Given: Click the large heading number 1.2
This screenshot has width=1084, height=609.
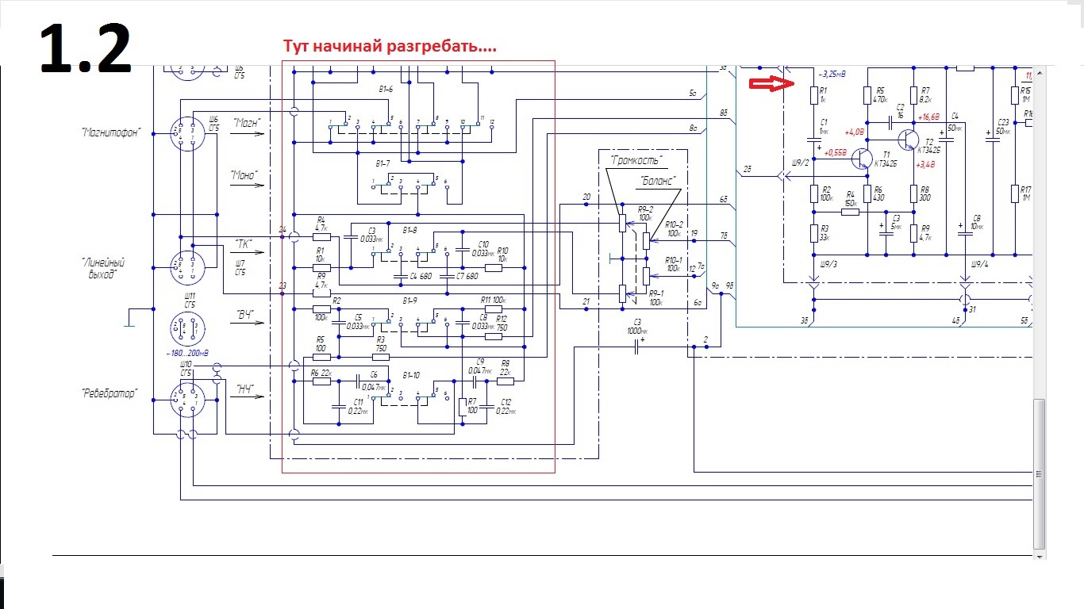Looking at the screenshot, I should (85, 48).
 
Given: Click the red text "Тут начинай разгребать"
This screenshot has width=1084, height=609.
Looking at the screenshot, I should (390, 46).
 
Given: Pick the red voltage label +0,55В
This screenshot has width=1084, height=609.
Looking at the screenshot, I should (836, 152).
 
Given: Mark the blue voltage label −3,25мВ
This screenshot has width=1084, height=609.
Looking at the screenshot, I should (831, 74).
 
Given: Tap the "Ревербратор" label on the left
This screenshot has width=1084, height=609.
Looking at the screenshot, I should (109, 393).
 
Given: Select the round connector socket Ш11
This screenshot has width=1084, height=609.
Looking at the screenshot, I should (188, 327).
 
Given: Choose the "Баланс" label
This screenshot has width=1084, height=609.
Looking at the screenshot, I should (658, 181).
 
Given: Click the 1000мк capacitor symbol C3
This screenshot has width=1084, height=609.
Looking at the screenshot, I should (636, 347).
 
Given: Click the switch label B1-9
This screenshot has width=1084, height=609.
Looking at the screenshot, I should (410, 301).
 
